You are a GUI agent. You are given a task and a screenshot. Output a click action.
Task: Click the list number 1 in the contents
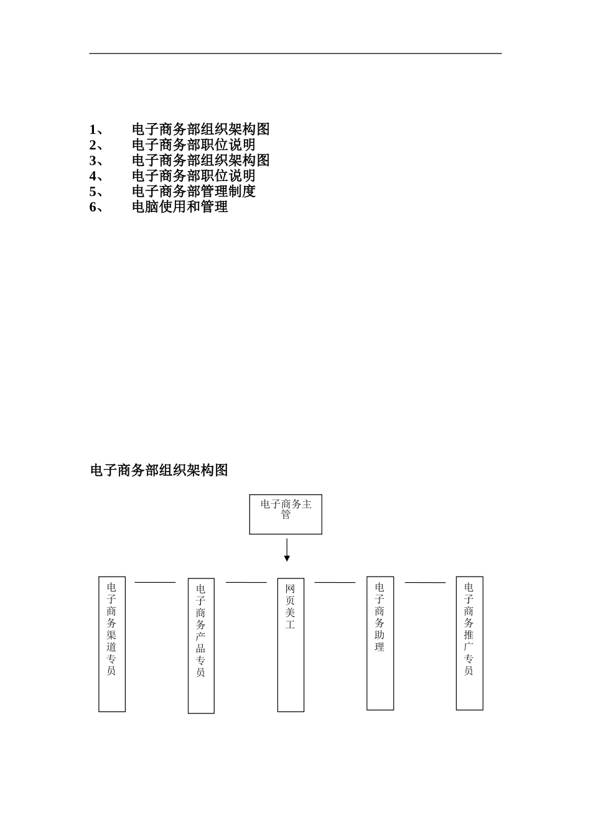tap(93, 129)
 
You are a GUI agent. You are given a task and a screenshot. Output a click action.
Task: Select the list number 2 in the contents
tap(93, 145)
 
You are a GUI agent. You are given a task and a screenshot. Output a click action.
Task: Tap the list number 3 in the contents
tap(93, 160)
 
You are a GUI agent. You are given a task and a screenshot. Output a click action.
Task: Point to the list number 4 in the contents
tap(93, 176)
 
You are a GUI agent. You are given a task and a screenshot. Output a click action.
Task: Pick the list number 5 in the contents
tap(93, 192)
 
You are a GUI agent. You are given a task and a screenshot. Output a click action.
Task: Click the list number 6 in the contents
tap(93, 207)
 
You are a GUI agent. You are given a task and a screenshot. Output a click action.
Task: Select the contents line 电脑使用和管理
tap(180, 207)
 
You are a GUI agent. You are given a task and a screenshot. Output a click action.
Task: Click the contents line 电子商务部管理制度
tap(193, 192)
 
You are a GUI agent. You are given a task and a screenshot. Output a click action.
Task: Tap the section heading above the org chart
tap(159, 470)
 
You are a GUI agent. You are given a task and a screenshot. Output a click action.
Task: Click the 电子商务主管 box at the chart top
tap(286, 514)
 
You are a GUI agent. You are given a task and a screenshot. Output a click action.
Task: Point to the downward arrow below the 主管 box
tap(287, 550)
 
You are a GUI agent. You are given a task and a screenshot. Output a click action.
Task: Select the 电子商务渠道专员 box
tap(112, 644)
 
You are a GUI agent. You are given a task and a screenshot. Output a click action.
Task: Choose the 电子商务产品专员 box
tap(201, 646)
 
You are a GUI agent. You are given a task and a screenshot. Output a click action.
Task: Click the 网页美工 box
tap(291, 644)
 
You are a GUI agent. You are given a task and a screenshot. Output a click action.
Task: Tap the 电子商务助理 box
tap(380, 643)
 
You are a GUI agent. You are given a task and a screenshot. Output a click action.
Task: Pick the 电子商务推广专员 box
tap(469, 643)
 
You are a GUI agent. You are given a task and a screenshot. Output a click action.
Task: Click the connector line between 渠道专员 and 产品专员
tap(156, 583)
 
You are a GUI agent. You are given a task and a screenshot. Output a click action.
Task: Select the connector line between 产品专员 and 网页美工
tap(246, 583)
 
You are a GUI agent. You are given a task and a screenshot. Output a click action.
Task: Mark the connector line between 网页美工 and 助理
tap(335, 583)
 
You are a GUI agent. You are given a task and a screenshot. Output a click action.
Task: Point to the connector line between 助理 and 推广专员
tap(425, 583)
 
